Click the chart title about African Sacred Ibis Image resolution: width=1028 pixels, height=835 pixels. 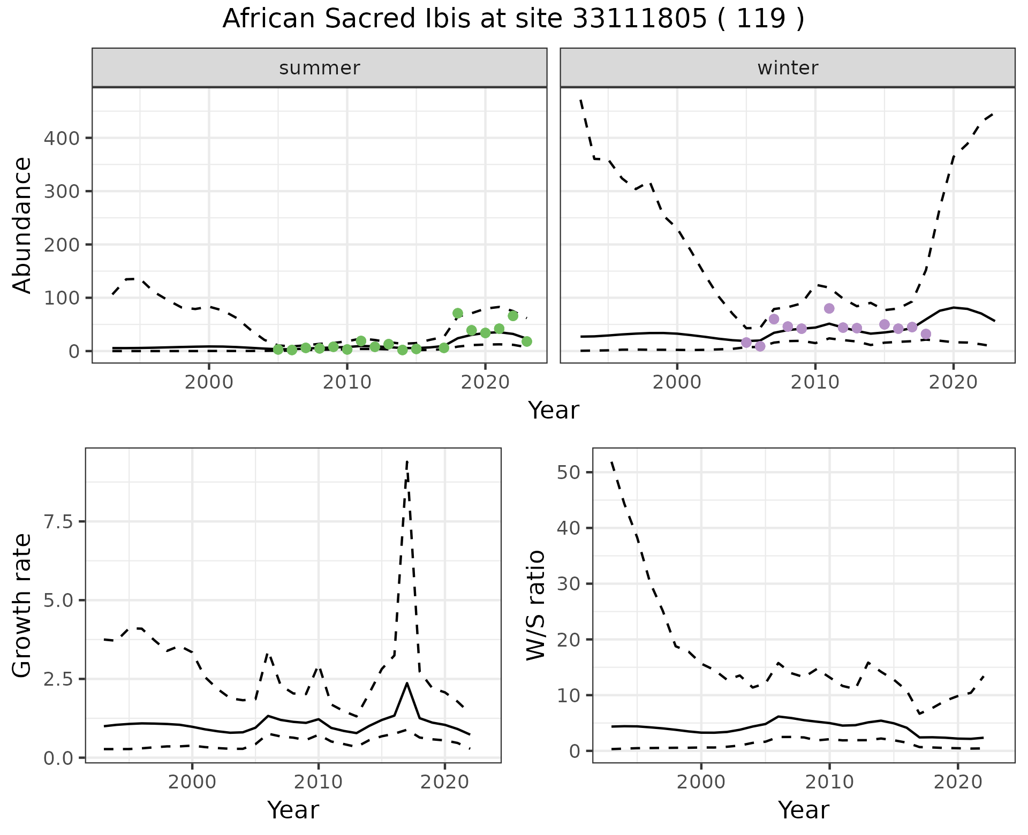pyautogui.click(x=513, y=19)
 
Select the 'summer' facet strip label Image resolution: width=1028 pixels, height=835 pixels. pyautogui.click(x=320, y=68)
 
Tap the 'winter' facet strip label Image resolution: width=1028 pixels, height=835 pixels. pyautogui.click(x=788, y=68)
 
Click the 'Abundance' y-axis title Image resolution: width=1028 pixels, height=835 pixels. pyautogui.click(x=22, y=225)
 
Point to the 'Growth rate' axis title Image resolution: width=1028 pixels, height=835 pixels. pyautogui.click(x=22, y=605)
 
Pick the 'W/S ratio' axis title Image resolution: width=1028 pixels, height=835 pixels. pyautogui.click(x=536, y=605)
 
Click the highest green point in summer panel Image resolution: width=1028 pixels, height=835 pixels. pyautogui.click(x=457, y=313)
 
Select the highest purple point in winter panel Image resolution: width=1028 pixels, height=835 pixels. pyautogui.click(x=829, y=308)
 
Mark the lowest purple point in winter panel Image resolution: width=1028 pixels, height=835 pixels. pyautogui.click(x=760, y=346)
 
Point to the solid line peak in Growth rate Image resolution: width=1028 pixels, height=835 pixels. pyautogui.click(x=407, y=683)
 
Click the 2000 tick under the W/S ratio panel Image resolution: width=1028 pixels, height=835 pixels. pyautogui.click(x=701, y=782)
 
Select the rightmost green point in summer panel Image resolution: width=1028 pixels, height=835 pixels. pyautogui.click(x=526, y=341)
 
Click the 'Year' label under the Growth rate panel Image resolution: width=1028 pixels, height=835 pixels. pyautogui.click(x=293, y=810)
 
